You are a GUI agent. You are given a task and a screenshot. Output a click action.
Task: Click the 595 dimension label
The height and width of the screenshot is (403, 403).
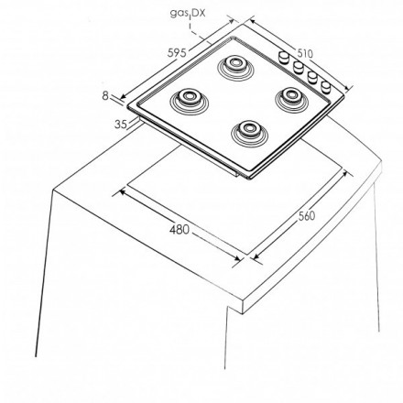point(177,53)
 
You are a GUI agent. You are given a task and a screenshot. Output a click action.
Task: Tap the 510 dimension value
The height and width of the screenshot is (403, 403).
point(305,53)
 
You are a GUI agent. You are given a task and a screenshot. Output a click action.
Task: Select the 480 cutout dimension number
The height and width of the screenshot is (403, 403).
point(180,229)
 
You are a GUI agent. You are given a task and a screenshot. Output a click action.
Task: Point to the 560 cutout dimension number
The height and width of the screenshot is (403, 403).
point(306,216)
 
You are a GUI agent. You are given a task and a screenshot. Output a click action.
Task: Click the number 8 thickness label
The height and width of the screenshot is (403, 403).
point(105,96)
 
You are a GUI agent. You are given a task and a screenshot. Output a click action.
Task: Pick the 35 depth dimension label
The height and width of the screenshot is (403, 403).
point(121,125)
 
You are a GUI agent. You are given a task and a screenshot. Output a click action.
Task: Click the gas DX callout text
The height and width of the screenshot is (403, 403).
point(188,13)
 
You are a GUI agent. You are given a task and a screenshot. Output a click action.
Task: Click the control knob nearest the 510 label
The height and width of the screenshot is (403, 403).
point(284,57)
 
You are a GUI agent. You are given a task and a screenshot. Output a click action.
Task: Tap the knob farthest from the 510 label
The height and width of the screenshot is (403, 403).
point(326,87)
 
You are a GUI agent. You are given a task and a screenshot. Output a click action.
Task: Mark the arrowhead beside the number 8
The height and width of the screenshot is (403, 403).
point(122,97)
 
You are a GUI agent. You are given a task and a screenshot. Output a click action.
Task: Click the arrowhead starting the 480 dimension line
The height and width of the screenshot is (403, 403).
point(122,192)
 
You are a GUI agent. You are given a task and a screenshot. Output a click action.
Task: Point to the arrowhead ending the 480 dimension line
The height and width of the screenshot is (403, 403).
point(236,258)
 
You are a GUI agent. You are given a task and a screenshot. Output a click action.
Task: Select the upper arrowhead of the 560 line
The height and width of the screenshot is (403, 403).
point(344,173)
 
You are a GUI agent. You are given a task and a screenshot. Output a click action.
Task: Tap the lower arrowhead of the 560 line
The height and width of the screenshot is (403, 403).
point(256,257)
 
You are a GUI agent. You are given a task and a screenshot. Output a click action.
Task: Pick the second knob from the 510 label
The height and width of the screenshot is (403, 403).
point(298,67)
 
